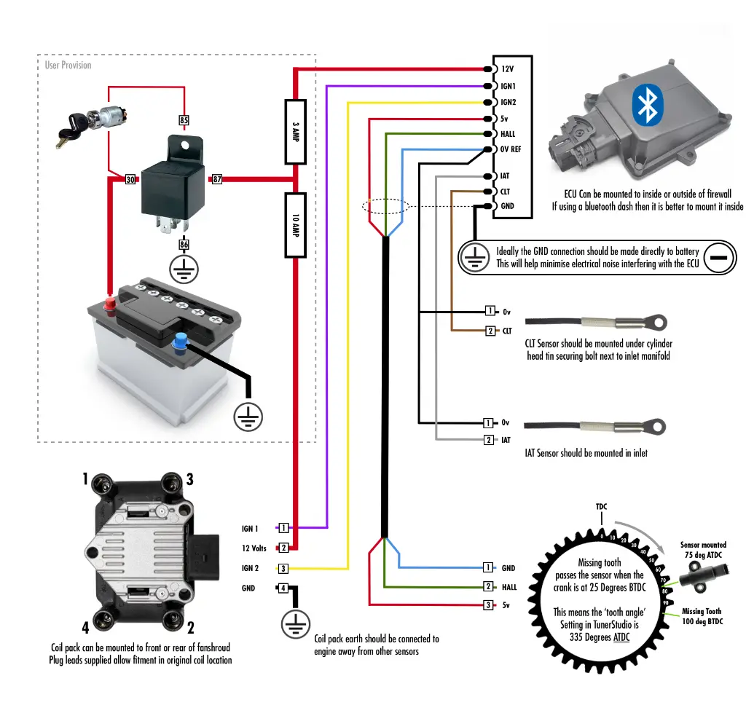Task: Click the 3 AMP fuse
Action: point(294,132)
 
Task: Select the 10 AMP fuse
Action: point(294,225)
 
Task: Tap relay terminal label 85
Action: point(184,119)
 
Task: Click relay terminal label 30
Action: point(130,179)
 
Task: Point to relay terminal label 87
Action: point(217,179)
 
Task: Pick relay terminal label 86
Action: point(184,246)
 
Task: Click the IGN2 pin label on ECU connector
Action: point(509,103)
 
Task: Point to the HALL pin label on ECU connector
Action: point(508,134)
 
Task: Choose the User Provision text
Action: point(68,66)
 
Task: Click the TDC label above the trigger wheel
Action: point(601,506)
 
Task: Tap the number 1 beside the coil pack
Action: point(85,479)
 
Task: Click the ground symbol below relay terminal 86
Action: point(184,269)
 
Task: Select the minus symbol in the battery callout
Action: point(718,259)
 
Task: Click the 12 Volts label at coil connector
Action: point(254,548)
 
